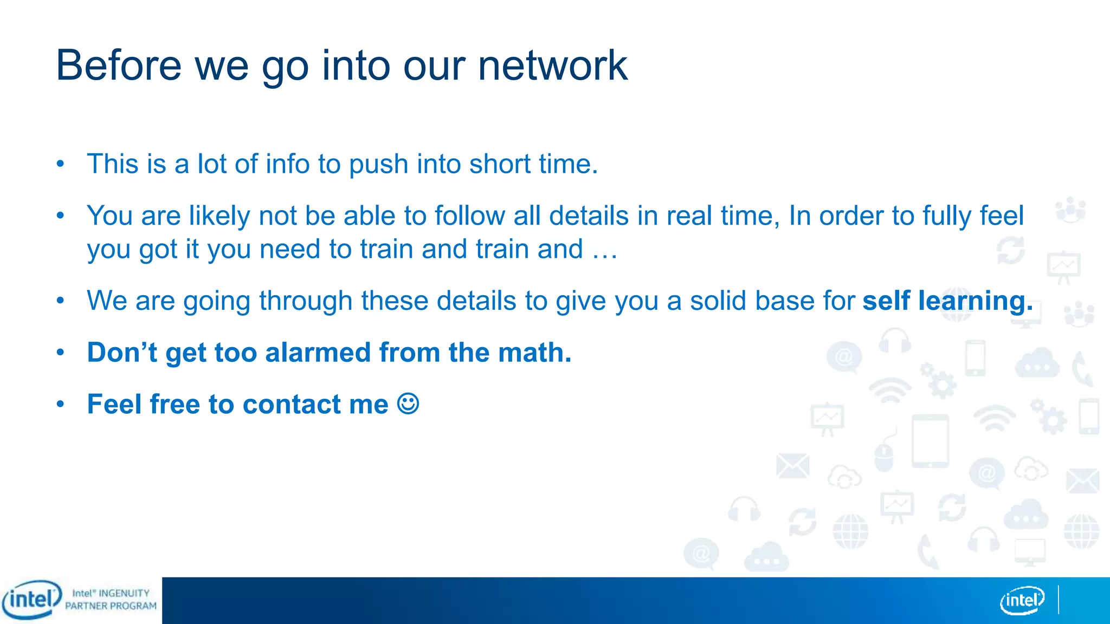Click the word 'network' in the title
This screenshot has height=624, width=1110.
point(552,66)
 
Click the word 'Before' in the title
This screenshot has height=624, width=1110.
point(119,66)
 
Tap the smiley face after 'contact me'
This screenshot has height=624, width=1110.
point(408,404)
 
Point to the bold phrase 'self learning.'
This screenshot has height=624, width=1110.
point(947,301)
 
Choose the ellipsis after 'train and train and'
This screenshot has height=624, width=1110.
point(604,250)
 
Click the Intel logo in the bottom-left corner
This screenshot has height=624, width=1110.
point(31,600)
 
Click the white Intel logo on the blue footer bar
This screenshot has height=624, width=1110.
point(1022,600)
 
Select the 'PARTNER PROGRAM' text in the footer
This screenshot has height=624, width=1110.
point(111,606)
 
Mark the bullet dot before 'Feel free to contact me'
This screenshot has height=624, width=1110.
point(61,404)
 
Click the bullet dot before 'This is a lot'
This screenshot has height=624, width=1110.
point(61,164)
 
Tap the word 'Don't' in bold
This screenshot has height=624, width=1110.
point(122,353)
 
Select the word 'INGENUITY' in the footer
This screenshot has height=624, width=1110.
point(124,594)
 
